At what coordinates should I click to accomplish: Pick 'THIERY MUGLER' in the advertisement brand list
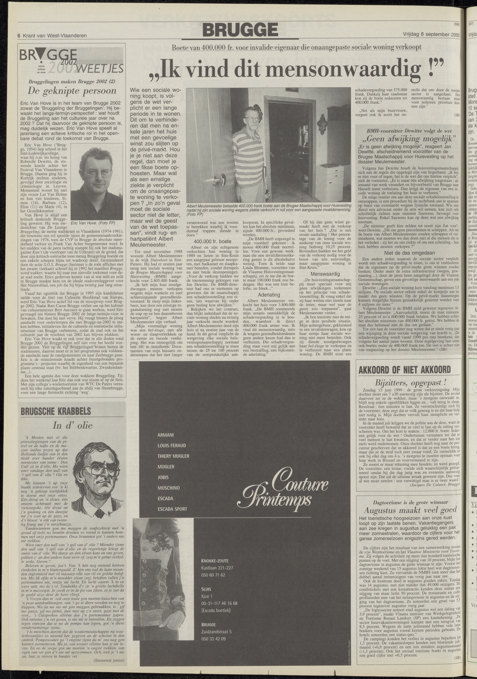[173, 456]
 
